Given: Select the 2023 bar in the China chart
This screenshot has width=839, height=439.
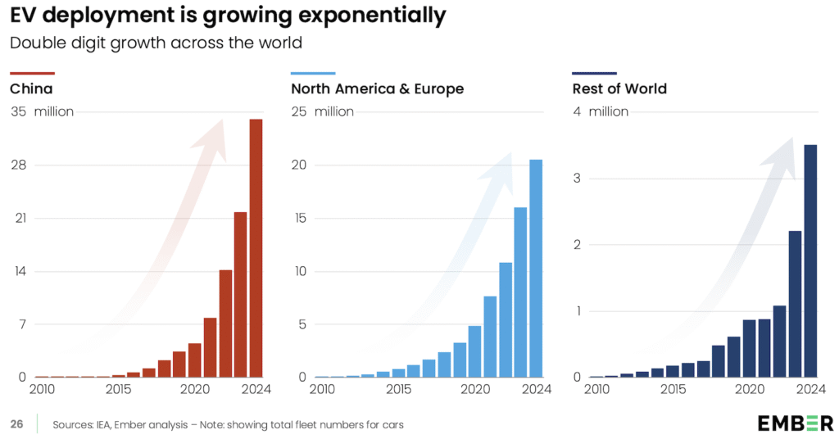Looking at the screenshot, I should (x=241, y=295).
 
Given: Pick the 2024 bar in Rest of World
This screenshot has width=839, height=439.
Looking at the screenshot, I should (x=810, y=261).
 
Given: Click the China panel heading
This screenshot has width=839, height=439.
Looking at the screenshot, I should (x=31, y=88).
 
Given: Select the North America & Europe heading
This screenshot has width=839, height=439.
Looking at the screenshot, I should (x=377, y=88).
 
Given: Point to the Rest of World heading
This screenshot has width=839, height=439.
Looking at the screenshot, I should (x=619, y=88).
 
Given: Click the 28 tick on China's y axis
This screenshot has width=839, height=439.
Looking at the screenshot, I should (x=18, y=165).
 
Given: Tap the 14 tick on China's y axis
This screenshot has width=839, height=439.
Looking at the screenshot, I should (x=18, y=271).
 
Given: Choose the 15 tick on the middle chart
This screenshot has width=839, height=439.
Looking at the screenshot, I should (x=299, y=218).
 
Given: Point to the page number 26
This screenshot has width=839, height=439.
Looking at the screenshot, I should (x=16, y=424).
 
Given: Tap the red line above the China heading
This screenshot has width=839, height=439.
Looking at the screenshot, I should (x=32, y=73).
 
